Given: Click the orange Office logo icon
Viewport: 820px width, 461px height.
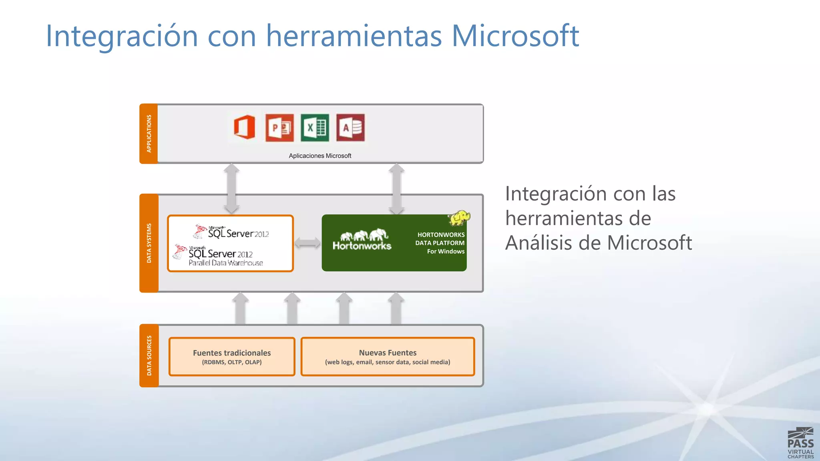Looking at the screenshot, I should point(244,127).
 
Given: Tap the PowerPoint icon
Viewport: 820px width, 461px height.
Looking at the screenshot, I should point(279,128).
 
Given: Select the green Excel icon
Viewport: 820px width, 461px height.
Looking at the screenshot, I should point(315,128).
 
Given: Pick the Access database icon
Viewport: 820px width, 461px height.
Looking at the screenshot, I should point(350,128).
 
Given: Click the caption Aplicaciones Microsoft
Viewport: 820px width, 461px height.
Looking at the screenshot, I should point(320,156).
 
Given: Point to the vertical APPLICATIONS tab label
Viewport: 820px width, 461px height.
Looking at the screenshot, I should point(149,134).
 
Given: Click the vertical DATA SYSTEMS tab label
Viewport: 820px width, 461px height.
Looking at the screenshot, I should point(149,243).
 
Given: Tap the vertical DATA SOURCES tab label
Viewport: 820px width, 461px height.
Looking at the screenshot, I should point(149,355).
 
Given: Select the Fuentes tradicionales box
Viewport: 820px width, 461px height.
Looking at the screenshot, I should point(232,357).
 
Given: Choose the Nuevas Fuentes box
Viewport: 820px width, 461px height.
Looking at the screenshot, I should point(388,357).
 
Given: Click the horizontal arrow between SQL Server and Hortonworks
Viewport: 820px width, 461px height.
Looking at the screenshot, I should point(307,243).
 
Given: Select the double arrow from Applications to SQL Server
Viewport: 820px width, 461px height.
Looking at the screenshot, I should point(231,188).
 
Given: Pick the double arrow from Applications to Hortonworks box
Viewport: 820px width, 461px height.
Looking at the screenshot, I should point(396,188).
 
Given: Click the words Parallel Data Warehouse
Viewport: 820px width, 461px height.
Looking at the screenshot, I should point(226,263).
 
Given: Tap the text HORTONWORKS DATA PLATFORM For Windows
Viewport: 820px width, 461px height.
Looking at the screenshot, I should point(440,243).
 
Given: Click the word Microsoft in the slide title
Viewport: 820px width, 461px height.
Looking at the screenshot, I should point(515,36).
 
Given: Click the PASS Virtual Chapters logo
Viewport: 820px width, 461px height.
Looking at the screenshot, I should point(800,443).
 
